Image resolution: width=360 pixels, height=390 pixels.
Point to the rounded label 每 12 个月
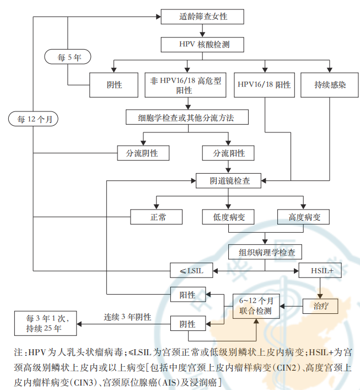pyautogui.click(x=34, y=119)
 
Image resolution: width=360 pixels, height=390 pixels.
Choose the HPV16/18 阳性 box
pyautogui.click(x=264, y=85)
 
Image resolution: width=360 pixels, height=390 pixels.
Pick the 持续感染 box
pyautogui.click(x=330, y=85)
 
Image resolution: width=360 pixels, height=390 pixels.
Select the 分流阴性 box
pyautogui.click(x=142, y=153)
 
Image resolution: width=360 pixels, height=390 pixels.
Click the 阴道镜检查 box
pyautogui.click(x=230, y=180)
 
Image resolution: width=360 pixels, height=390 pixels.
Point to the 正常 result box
pyautogui.click(x=157, y=217)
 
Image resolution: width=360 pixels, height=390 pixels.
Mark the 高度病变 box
pyautogui.click(x=303, y=217)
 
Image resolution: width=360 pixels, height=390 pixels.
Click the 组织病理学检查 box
pyautogui.click(x=267, y=252)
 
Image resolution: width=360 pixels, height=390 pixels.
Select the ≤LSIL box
pyautogui.click(x=190, y=270)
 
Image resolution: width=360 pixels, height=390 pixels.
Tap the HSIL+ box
pyautogui.click(x=320, y=270)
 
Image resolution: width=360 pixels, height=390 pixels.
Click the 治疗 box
pyautogui.click(x=320, y=304)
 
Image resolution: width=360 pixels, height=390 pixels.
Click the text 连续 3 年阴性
pyautogui.click(x=127, y=318)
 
